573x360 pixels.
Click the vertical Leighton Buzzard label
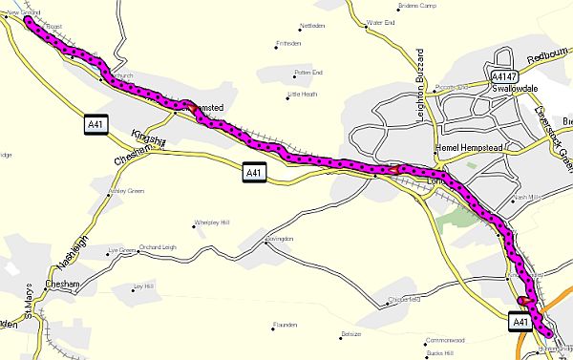click(x=419, y=92)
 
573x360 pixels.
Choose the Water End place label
click(x=381, y=21)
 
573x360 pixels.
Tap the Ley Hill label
click(x=144, y=286)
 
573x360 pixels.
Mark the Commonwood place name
click(x=444, y=339)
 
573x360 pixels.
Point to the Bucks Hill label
click(x=440, y=353)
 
